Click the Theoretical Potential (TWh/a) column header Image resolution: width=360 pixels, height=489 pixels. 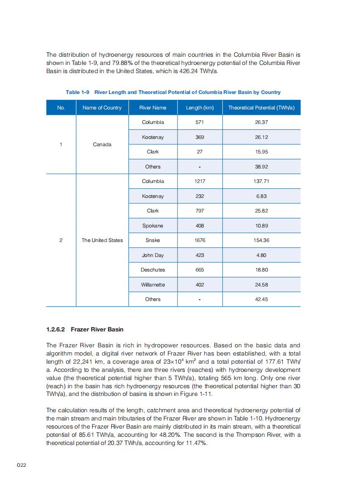tap(261, 108)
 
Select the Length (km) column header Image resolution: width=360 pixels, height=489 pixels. tap(200, 108)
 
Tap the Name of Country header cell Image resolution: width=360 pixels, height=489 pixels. tap(102, 108)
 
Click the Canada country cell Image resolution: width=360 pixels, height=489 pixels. tap(102, 144)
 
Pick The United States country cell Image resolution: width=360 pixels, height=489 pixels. tap(102, 240)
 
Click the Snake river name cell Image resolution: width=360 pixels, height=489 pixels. tap(153, 240)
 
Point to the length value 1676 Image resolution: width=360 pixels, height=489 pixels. tap(200, 240)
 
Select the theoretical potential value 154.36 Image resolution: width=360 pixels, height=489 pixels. tap(261, 240)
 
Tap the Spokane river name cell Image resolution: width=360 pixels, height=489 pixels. tap(153, 226)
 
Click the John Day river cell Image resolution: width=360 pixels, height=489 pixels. tap(153, 255)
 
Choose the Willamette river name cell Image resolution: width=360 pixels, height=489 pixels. tap(153, 285)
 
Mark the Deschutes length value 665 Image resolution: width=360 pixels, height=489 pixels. tap(200, 270)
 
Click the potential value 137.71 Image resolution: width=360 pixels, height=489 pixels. tap(261, 181)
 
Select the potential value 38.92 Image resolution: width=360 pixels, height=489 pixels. tap(261, 167)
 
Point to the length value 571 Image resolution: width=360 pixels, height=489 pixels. tap(200, 122)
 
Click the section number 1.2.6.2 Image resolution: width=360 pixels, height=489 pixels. tap(56, 329)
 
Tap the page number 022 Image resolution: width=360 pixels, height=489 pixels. tap(21, 465)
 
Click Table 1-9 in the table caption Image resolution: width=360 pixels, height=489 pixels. tap(78, 92)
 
